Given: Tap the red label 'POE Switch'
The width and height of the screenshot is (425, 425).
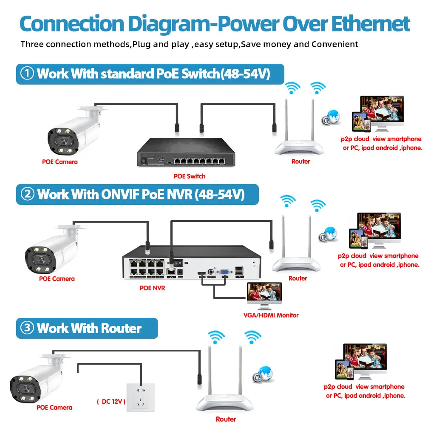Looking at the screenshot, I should (x=190, y=176).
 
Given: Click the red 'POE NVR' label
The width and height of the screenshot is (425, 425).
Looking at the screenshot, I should (x=152, y=288).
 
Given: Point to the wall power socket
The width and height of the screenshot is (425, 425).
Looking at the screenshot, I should (x=141, y=396).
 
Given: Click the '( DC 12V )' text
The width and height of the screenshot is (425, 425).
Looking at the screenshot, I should (x=111, y=401).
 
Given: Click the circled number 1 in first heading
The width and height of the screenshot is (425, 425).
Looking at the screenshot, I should (x=27, y=74).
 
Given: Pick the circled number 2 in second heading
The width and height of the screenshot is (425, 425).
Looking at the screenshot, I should (x=27, y=194).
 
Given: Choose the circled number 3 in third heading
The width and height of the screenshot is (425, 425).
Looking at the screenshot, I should (x=27, y=328).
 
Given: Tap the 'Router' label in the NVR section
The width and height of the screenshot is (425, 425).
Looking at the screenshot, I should (x=297, y=278).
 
